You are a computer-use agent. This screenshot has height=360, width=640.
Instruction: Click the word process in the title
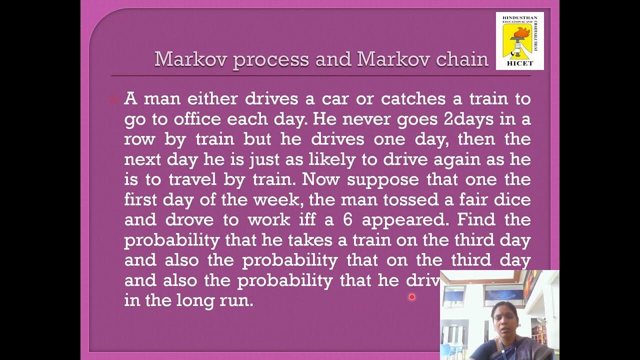point(270,59)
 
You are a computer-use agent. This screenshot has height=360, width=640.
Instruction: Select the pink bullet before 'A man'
point(114,99)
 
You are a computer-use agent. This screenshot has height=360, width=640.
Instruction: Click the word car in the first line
point(334,98)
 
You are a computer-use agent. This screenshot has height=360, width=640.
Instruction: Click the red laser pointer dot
point(412,297)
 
